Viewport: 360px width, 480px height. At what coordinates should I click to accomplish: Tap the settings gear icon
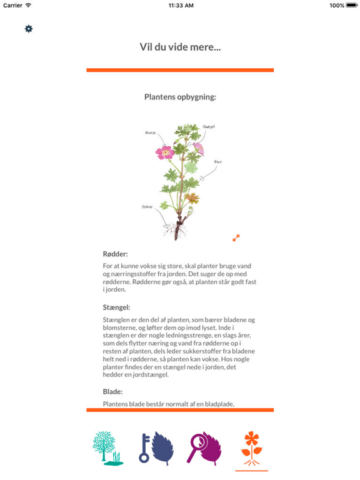29,29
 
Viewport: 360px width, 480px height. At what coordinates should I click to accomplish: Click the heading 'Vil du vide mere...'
180,47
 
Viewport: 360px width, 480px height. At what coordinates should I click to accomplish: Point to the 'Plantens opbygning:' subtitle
180,97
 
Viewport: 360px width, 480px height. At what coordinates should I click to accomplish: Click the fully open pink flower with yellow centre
166,152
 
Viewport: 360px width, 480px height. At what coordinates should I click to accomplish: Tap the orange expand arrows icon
236,237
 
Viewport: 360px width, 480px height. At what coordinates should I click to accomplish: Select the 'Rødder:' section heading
115,254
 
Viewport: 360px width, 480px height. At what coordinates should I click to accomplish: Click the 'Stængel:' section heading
116,307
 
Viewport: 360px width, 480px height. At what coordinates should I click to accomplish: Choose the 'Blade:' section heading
113,391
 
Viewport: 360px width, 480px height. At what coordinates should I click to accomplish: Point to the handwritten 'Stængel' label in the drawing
209,127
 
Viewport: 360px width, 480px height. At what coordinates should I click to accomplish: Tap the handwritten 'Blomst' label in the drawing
150,132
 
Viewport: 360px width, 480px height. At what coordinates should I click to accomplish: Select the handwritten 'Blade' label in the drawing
218,161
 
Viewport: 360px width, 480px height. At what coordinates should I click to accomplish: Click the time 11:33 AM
180,6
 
